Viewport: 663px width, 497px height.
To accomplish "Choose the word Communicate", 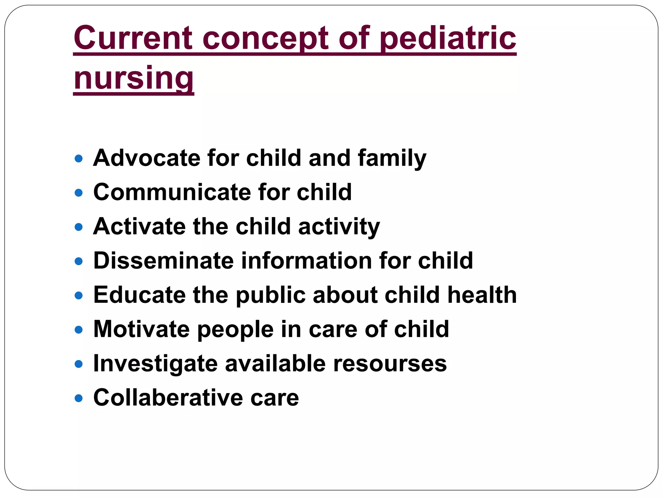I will tap(172, 192).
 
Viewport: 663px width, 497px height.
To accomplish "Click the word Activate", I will tap(139, 226).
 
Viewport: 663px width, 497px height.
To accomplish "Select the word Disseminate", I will tap(163, 261).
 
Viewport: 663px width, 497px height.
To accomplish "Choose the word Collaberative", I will tap(168, 398).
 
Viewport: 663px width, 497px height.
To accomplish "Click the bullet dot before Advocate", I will tap(79, 159).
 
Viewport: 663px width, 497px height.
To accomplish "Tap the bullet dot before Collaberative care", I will tap(79, 398).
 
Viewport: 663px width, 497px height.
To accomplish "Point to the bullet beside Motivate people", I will tap(79, 330).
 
